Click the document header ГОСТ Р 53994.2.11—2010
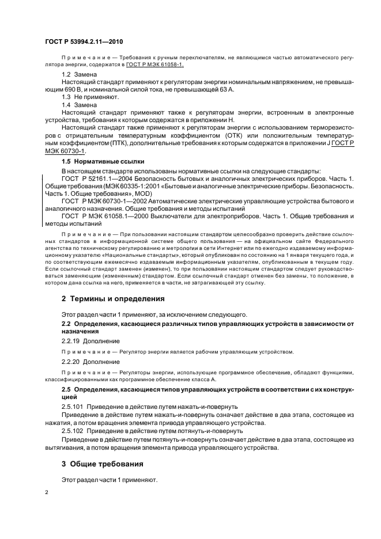pyautogui.click(x=83, y=42)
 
